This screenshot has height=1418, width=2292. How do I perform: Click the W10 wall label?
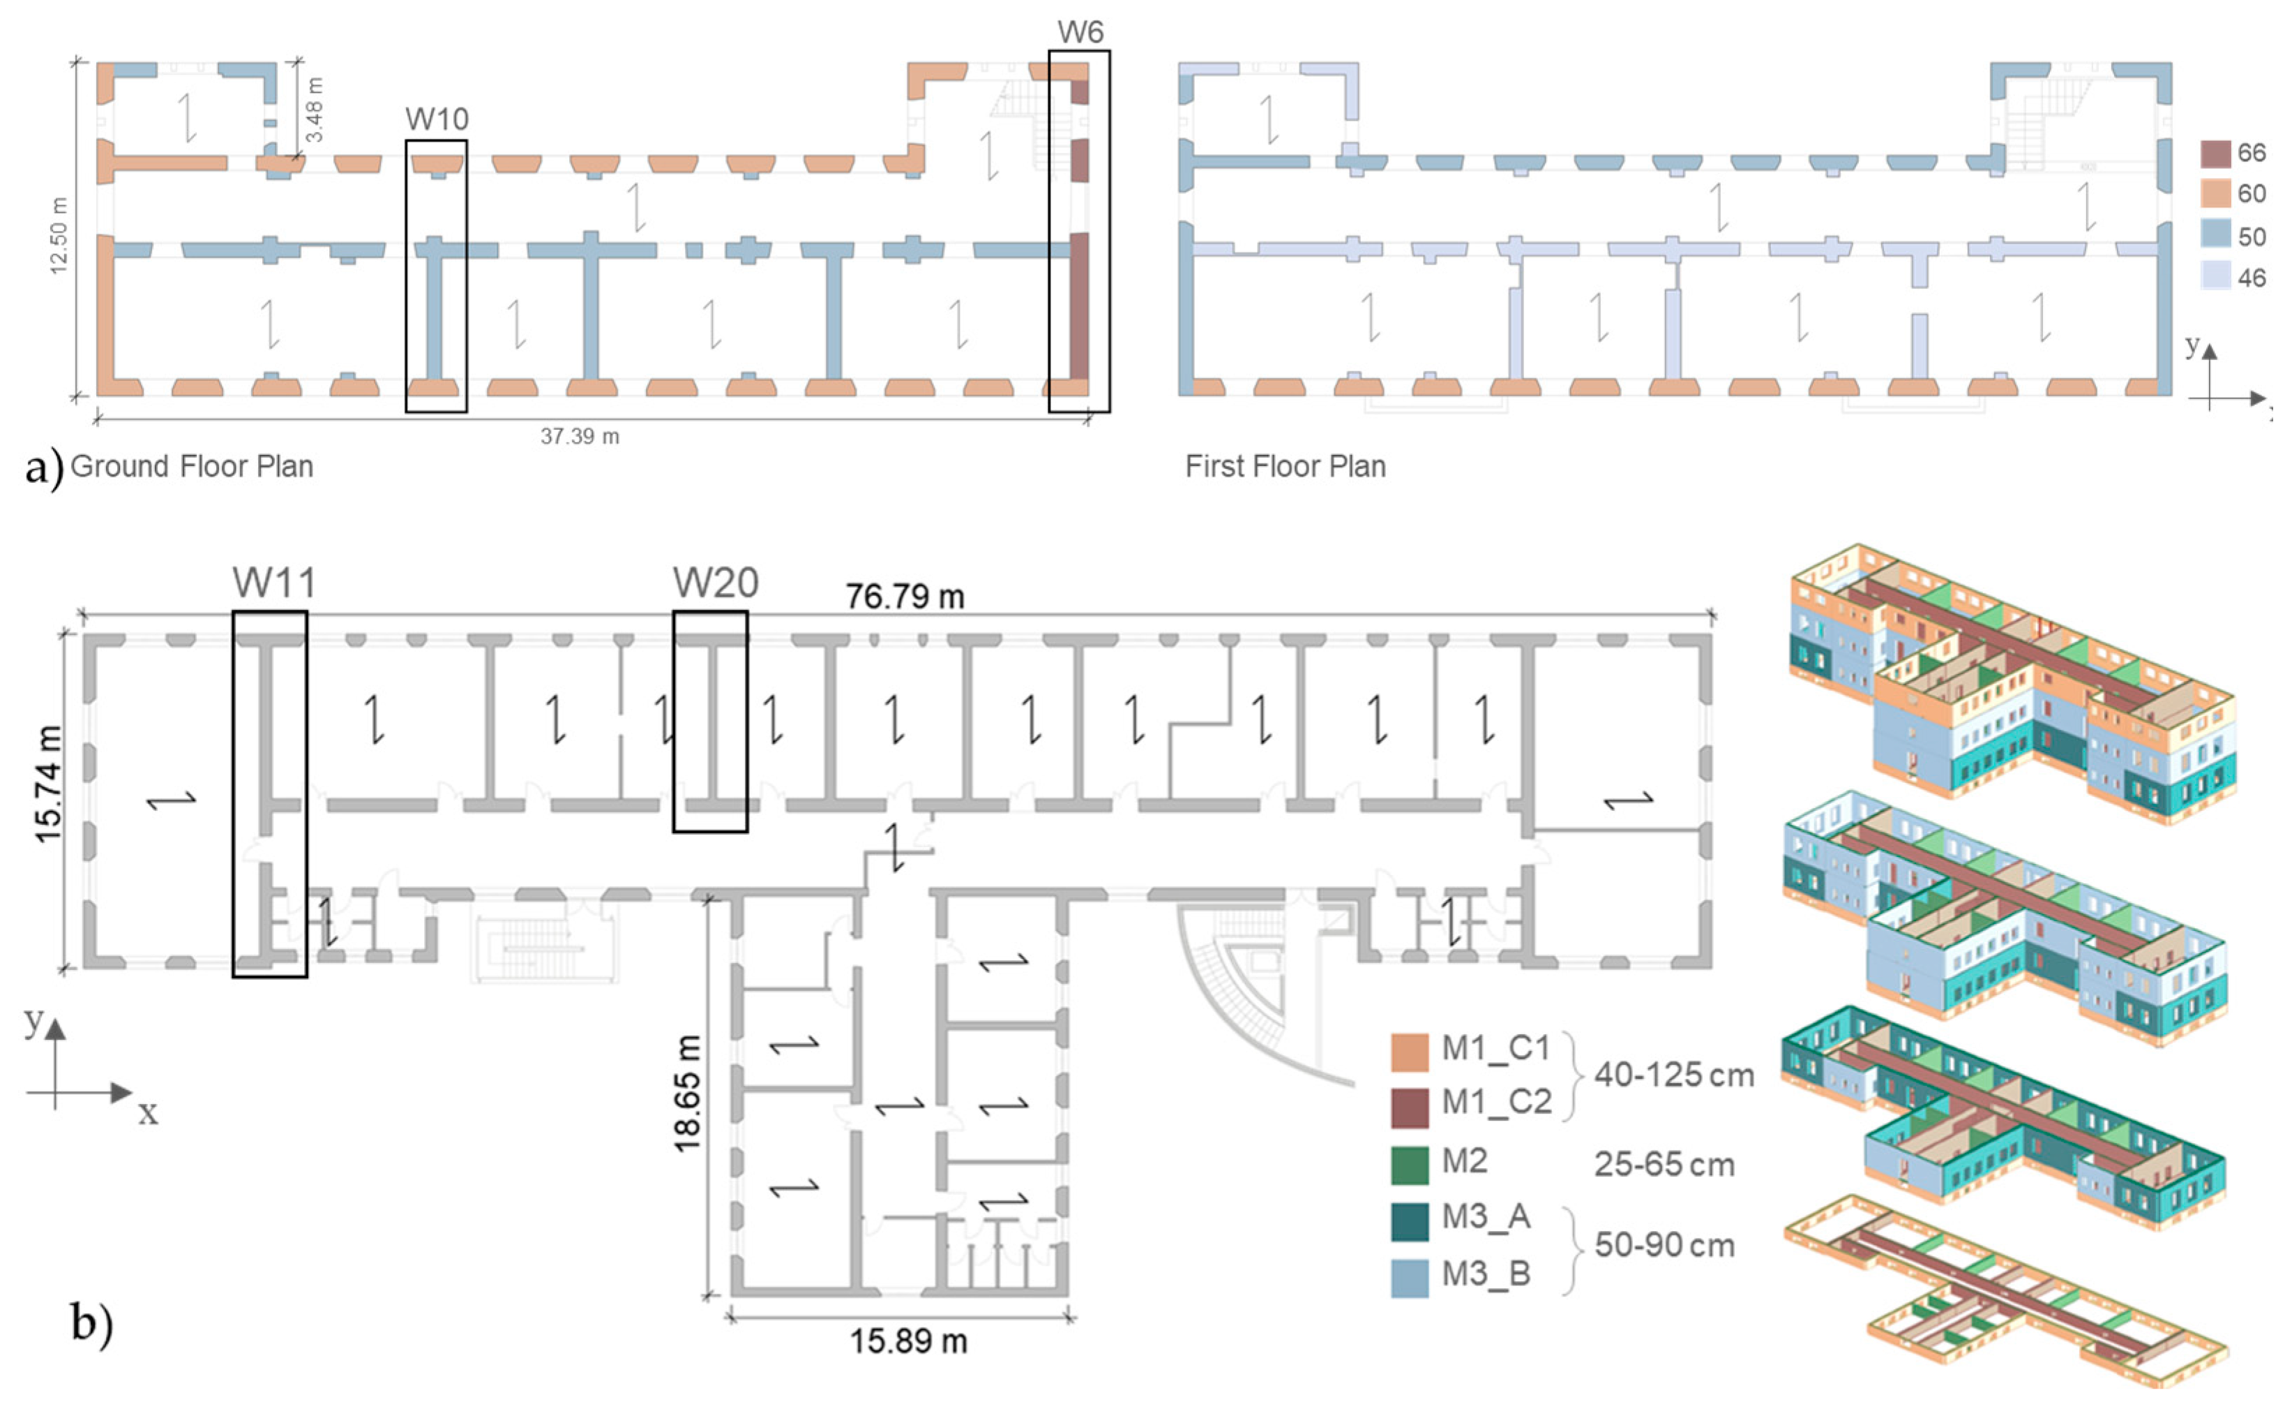click(x=436, y=119)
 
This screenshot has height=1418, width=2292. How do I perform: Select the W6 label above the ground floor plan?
click(x=1080, y=32)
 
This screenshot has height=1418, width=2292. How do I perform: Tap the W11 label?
click(x=273, y=583)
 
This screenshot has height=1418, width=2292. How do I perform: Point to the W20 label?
click(x=715, y=583)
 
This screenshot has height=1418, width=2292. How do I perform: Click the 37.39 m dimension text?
click(x=580, y=436)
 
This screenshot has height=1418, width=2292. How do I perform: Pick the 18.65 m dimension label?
click(x=687, y=1093)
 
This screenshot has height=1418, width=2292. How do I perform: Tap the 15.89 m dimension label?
click(x=907, y=1341)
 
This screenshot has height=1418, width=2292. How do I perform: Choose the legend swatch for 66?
click(x=2215, y=153)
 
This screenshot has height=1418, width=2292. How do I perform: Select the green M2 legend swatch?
click(x=1409, y=1164)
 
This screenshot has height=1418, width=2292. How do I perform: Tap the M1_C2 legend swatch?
click(x=1409, y=1107)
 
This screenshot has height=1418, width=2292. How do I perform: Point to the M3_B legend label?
click(x=1486, y=1274)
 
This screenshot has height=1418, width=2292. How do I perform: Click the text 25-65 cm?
click(x=1664, y=1165)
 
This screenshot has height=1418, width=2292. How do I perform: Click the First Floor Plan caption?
click(x=1286, y=466)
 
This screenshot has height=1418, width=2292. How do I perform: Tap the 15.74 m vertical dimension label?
click(x=48, y=784)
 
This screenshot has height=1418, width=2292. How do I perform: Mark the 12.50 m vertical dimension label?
click(x=58, y=234)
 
